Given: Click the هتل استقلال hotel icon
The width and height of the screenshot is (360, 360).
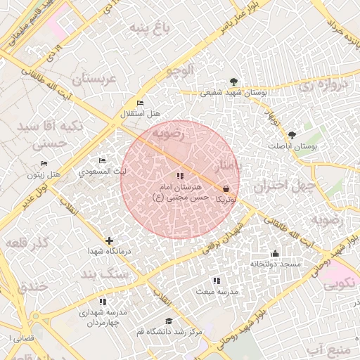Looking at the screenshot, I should pos(140,103).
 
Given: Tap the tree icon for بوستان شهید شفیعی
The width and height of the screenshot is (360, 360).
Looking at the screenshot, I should pos(234,82).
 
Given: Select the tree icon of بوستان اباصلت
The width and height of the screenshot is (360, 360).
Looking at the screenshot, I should pos(292,135).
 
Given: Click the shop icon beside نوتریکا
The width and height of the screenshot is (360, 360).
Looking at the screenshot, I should pos(226,188).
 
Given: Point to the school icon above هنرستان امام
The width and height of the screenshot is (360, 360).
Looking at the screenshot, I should pos(180,176).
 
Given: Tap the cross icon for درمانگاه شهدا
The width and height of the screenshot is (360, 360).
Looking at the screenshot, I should pos(108,240).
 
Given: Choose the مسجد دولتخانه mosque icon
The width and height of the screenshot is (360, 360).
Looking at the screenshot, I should pos(275,253).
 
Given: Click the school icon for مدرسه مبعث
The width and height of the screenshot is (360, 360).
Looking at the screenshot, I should pos(217,281).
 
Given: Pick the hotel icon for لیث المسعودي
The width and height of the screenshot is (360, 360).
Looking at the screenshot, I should pos(103,161).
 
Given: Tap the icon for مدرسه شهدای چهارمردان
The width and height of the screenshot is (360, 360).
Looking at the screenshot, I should pos(103,302).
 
